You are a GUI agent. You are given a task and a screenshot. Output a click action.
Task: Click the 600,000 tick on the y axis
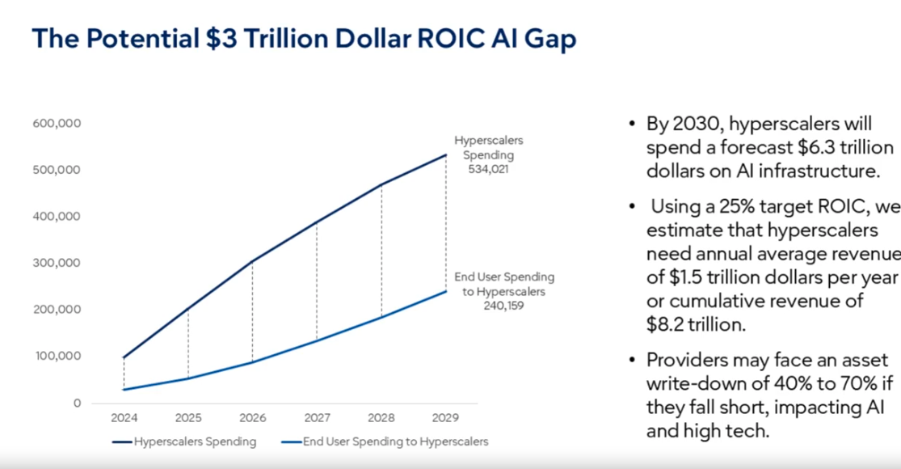coord(57,124)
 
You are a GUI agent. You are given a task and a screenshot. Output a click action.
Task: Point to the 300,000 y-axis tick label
coord(57,263)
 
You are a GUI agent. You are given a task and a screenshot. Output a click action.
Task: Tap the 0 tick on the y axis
coord(78,403)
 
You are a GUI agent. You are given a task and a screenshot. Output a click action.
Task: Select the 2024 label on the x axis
coord(124,418)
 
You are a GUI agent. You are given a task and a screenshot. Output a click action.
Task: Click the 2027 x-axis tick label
coord(317,418)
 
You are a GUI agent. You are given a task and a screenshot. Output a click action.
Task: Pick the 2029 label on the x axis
coord(445,418)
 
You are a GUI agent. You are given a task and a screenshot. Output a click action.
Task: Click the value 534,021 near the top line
coord(488,170)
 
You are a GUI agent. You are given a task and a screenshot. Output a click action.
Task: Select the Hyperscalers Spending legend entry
coord(195,442)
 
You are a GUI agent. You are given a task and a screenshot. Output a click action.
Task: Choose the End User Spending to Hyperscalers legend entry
coord(396,442)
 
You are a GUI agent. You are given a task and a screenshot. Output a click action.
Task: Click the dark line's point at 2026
coord(253,262)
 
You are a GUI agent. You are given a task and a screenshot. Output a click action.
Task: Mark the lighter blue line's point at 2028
coord(381,317)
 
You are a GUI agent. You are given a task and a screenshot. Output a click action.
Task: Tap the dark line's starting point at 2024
coord(124,357)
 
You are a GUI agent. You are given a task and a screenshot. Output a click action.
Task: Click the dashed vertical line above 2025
coord(188,344)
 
